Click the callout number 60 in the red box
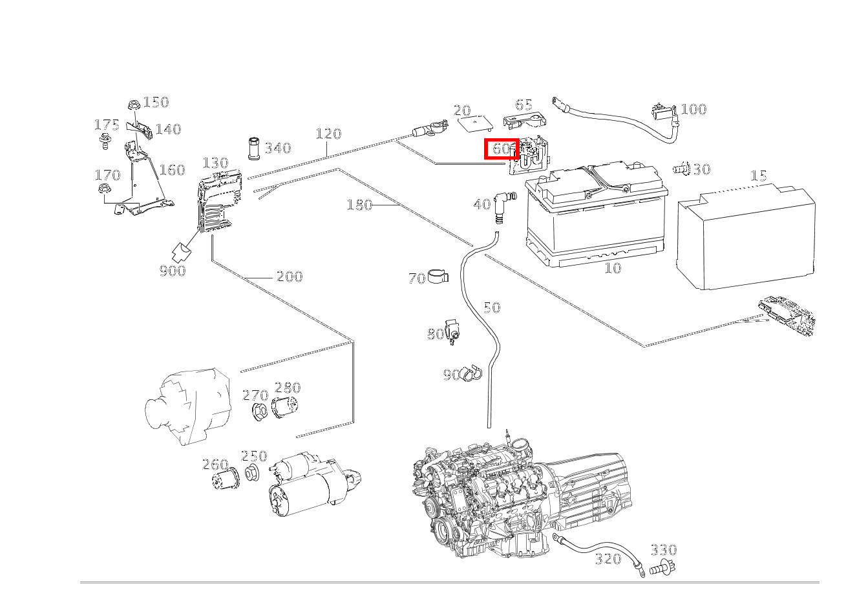click(501, 149)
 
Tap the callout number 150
click(156, 103)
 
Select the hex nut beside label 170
click(103, 189)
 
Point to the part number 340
click(278, 148)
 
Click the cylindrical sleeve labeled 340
click(253, 149)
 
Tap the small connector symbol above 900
click(182, 251)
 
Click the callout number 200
click(290, 277)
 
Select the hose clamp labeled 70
click(438, 276)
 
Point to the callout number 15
click(759, 176)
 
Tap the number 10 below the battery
click(613, 268)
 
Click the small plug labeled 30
click(681, 168)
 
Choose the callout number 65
click(524, 105)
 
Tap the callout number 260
click(215, 465)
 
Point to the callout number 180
click(359, 205)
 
